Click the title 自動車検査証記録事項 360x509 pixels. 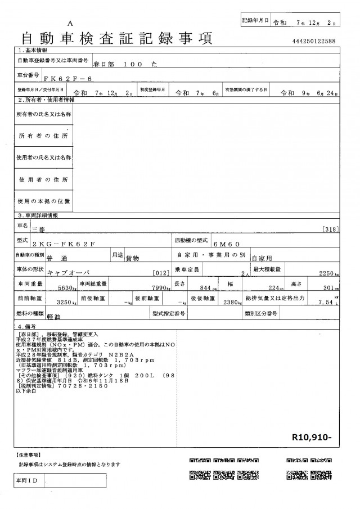[x=116, y=39]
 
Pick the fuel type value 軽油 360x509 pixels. [x=55, y=318]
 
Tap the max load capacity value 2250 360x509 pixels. [x=329, y=274]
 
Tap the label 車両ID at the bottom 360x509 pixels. [x=28, y=481]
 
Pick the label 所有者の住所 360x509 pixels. [x=44, y=137]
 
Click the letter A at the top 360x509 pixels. [x=70, y=22]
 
